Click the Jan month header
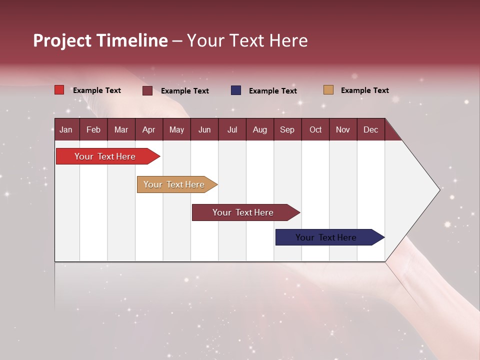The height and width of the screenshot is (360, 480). [66, 129]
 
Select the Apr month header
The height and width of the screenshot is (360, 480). [149, 129]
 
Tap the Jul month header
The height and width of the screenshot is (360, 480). [232, 129]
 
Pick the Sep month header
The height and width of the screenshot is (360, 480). [287, 129]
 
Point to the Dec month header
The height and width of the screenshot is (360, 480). [370, 129]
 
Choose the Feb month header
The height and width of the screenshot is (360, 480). [93, 129]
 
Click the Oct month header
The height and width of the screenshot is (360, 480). [315, 129]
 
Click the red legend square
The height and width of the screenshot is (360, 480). [59, 90]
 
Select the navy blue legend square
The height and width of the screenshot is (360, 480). [236, 90]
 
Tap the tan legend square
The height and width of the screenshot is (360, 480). [328, 90]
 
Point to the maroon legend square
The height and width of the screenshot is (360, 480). [147, 90]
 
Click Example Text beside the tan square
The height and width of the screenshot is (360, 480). [364, 90]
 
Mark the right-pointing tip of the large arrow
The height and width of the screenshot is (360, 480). [438, 189]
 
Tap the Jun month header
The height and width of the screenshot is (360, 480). [204, 129]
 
